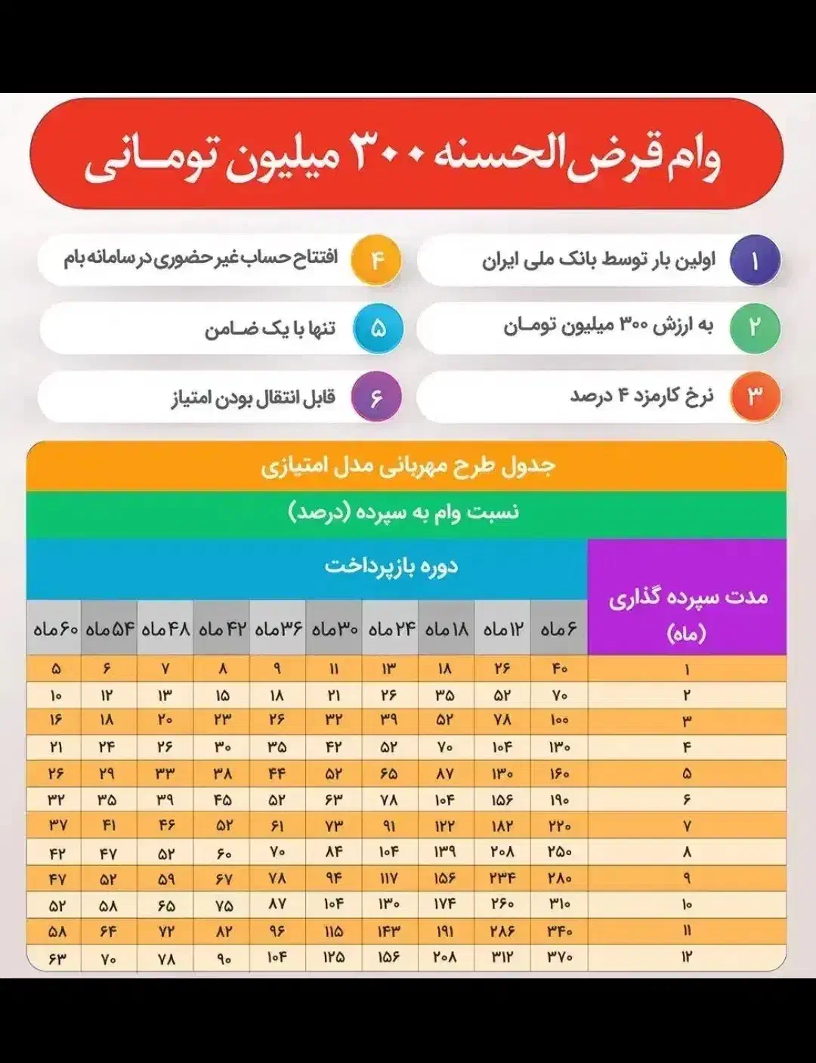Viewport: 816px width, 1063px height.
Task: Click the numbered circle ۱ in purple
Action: coord(754,261)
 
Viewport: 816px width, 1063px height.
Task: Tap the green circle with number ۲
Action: coord(754,328)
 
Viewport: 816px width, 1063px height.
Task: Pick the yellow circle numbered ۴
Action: coord(377,261)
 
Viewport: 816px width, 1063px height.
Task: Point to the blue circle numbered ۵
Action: coord(379,328)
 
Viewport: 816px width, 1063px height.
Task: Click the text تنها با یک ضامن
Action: coord(270,329)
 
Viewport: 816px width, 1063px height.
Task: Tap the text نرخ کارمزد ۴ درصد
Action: coord(641,396)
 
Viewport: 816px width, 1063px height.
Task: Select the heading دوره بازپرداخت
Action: coord(391,566)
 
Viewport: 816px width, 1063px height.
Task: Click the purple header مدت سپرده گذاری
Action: coord(688,598)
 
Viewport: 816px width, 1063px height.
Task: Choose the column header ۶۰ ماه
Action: coord(55,629)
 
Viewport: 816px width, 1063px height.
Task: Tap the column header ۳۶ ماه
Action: coord(278,629)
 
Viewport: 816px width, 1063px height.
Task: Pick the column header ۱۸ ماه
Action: coord(447,629)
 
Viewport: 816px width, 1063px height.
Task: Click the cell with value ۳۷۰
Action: coord(560,957)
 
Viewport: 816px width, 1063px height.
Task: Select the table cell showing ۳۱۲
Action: coord(502,957)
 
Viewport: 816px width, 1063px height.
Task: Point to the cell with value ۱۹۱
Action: coord(446,932)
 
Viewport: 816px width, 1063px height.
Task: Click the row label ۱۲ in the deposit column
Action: coord(687,957)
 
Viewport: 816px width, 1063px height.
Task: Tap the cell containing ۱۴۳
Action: coord(389,932)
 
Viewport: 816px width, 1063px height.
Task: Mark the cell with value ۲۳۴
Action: coord(502,879)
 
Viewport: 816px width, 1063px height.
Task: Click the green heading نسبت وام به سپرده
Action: coord(403,513)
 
